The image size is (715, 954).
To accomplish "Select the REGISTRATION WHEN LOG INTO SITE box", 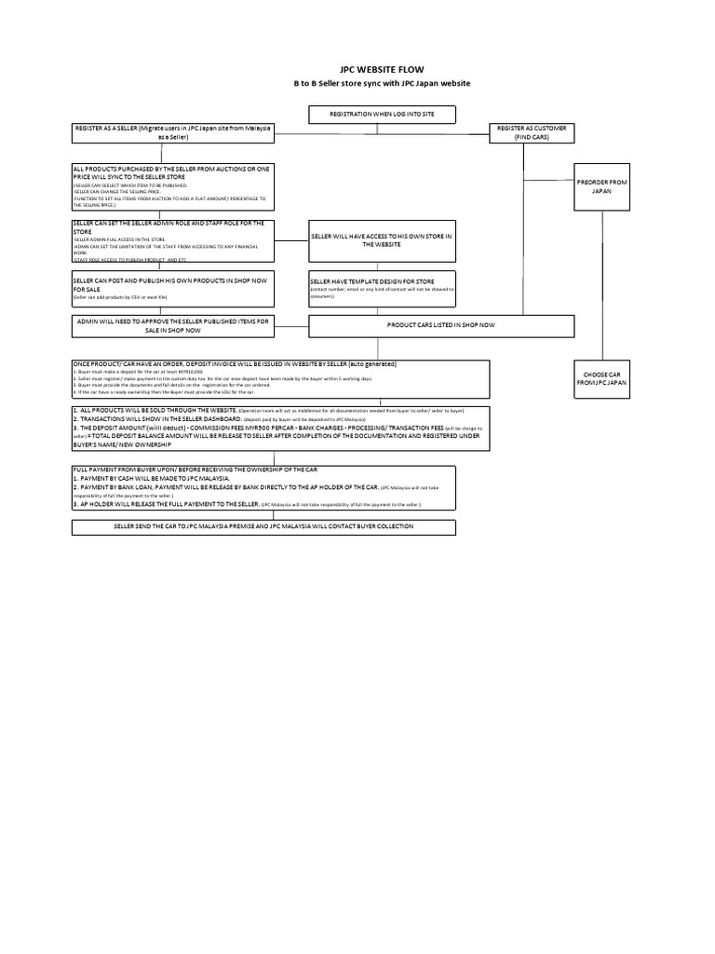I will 382,116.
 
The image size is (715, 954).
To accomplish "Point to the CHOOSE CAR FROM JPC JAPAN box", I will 602,377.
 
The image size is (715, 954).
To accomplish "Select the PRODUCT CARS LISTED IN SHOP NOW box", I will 441,324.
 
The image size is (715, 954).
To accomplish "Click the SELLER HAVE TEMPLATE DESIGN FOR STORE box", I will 382,288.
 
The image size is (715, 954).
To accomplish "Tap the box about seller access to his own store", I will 382,241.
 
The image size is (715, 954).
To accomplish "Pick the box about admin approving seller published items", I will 173,324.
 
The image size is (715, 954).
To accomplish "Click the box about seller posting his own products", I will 173,288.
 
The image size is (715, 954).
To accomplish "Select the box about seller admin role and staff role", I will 173,241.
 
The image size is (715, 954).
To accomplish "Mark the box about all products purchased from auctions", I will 173,187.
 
